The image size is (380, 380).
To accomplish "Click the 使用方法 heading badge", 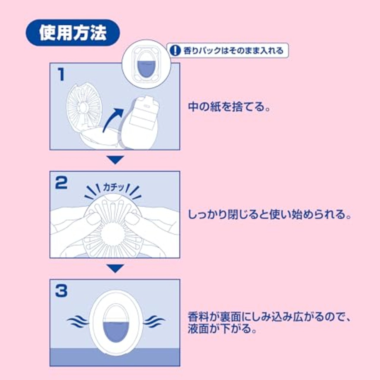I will [x=73, y=33].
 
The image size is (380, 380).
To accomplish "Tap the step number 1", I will [x=61, y=74].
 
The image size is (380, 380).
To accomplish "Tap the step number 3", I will [x=61, y=291].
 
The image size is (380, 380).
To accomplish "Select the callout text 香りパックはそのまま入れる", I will [x=233, y=51].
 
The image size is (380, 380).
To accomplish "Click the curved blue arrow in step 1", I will [x=113, y=119].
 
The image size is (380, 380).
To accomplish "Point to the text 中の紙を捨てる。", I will [x=229, y=107].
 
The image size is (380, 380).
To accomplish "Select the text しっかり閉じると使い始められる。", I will [x=270, y=214].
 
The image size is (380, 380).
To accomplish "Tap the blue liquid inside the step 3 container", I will [x=115, y=331].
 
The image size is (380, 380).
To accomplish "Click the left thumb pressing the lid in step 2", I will [x=94, y=219].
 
